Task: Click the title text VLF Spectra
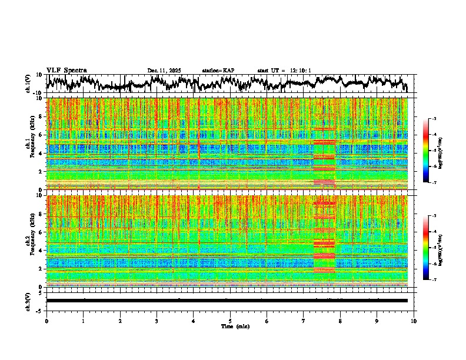point(66,70)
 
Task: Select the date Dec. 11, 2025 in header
point(164,71)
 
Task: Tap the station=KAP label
point(218,71)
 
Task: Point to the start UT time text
point(284,71)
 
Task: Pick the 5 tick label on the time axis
point(230,321)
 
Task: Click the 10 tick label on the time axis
point(414,321)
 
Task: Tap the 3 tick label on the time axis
point(157,321)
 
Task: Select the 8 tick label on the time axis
point(340,321)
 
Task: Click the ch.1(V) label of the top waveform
point(28,84)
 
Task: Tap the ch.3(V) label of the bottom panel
point(28,301)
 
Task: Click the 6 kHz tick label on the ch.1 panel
point(41,135)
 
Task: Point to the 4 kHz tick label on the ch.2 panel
point(41,251)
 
